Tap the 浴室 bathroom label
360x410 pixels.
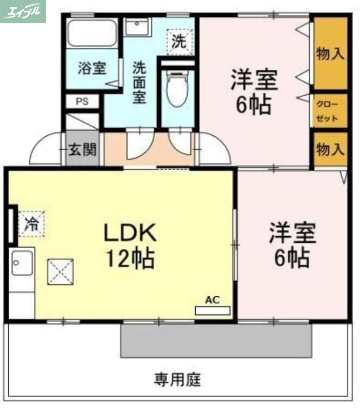point(92,68)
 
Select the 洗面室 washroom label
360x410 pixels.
point(139,82)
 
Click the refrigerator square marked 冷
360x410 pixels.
point(32,223)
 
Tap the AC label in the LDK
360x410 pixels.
point(212,300)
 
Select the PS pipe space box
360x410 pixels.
point(82,101)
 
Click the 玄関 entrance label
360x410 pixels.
point(82,150)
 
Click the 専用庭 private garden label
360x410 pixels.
point(178,380)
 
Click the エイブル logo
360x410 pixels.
point(23,11)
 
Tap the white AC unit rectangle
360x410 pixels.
point(213,310)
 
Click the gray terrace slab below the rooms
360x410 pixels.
point(216,340)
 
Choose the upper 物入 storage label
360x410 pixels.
point(330,54)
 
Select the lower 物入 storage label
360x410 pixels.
point(330,150)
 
